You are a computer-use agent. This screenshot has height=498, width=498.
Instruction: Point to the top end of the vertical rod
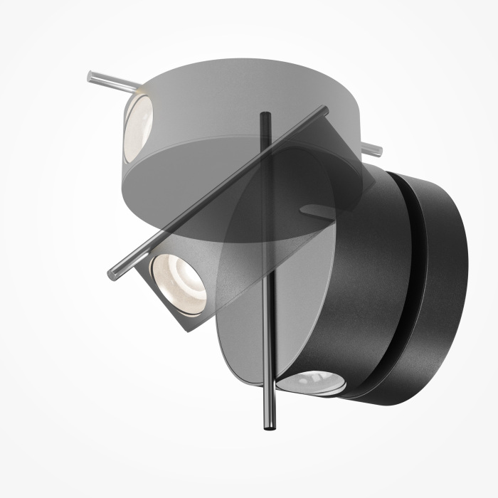tap(265, 115)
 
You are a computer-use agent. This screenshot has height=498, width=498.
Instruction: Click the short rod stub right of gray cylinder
tap(373, 150)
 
